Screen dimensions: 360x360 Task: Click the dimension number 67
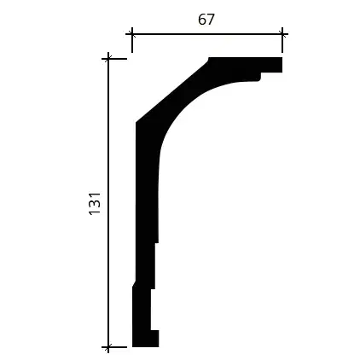click(x=206, y=20)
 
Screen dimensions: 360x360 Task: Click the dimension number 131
click(x=95, y=204)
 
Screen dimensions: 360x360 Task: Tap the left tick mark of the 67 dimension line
click(x=132, y=34)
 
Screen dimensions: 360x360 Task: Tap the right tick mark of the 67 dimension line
click(x=282, y=34)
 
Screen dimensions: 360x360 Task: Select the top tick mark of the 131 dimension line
click(x=108, y=59)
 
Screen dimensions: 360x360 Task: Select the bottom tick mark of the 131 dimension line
click(x=108, y=347)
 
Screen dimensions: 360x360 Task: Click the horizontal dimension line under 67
click(x=207, y=34)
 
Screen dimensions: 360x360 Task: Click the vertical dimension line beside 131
click(x=108, y=203)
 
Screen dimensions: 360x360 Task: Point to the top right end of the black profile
click(x=282, y=58)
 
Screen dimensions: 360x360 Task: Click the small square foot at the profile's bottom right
click(x=154, y=339)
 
